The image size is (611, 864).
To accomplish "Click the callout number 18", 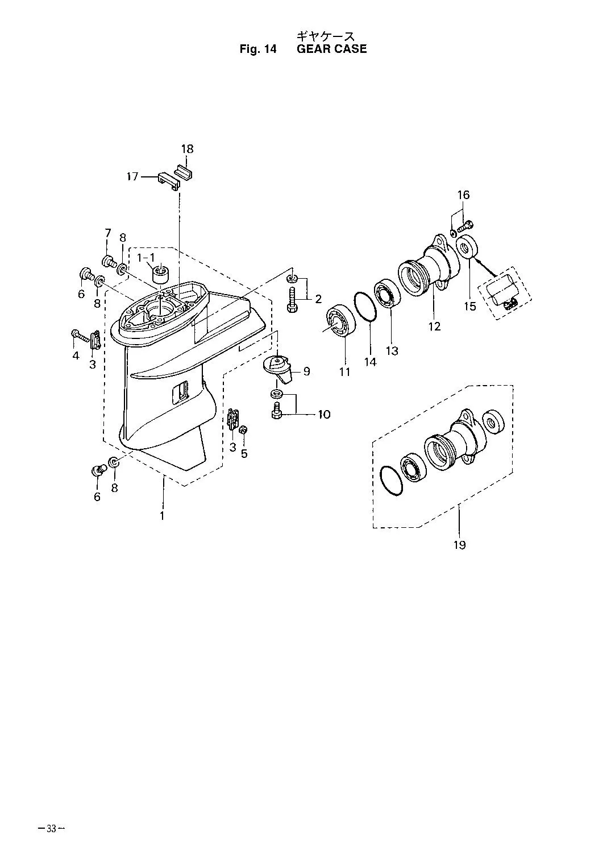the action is (188, 149).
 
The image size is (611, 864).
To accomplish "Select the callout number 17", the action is (132, 177).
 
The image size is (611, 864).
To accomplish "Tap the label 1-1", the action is (146, 257).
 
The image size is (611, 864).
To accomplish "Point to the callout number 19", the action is (459, 545).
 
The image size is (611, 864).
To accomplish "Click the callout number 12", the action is (434, 326).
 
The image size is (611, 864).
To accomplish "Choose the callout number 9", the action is (306, 371).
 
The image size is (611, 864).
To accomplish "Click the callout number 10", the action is (324, 414).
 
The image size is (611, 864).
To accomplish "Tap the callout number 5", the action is (244, 453).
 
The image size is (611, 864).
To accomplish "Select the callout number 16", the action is (463, 195).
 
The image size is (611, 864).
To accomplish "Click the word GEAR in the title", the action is (314, 49).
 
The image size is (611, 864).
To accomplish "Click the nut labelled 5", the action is (243, 430).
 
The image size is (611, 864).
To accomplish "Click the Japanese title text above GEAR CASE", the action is (325, 36).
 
